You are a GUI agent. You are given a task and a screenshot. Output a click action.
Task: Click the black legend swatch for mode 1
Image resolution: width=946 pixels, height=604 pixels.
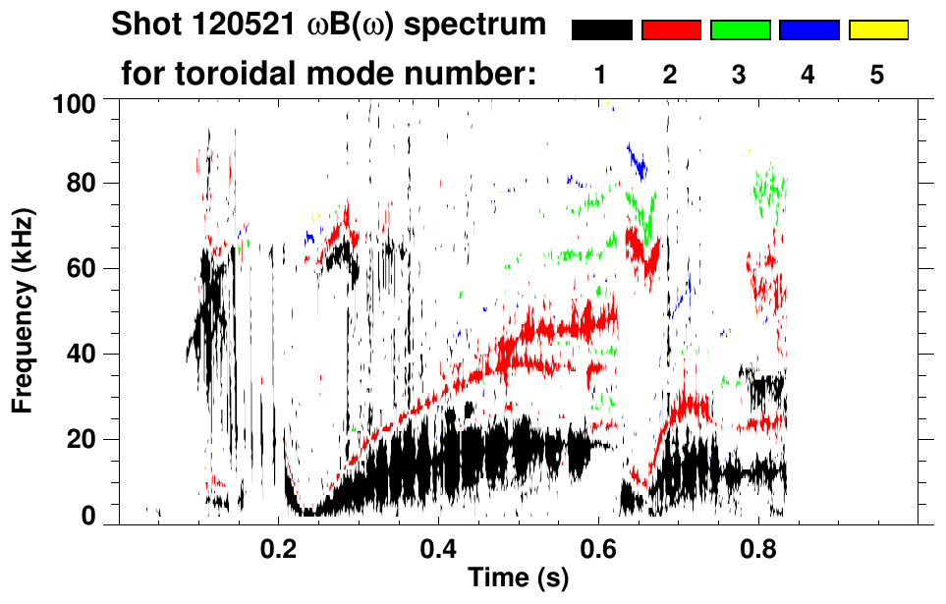click(601, 30)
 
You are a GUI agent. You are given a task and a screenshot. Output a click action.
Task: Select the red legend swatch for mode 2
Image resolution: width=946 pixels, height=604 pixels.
click(671, 30)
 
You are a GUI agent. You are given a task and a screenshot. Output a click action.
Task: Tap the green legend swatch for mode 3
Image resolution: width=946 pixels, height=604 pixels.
click(740, 30)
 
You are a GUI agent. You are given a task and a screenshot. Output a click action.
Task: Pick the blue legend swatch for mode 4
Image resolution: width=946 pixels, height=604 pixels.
click(808, 30)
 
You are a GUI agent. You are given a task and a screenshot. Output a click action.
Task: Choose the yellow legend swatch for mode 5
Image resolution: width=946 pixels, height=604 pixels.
click(877, 30)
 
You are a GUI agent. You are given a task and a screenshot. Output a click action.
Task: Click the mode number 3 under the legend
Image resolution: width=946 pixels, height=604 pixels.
click(740, 75)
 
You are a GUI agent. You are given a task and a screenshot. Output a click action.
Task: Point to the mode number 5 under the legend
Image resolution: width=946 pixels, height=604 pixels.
click(877, 75)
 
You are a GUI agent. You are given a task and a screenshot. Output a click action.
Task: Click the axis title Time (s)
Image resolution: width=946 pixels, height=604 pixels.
click(518, 579)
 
